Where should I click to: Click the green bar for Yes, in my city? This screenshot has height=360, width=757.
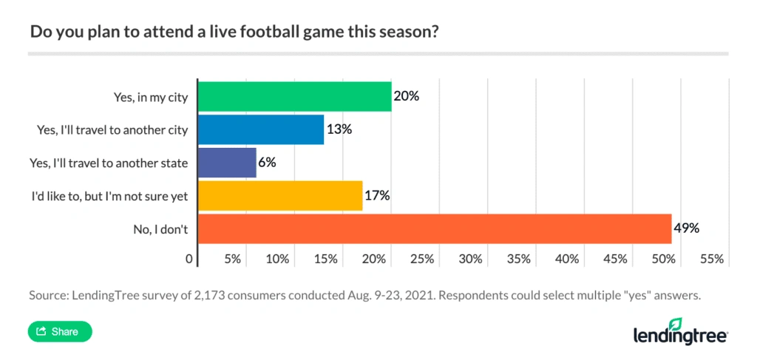point(294,96)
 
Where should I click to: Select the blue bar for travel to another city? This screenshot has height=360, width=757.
point(260,129)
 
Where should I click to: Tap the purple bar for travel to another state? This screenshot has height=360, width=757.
point(227,163)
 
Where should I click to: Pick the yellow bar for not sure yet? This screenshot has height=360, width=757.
point(280,196)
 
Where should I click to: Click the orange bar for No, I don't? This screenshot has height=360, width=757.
point(434,228)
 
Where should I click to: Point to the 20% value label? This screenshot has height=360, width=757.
point(407,96)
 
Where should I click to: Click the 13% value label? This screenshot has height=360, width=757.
point(340,129)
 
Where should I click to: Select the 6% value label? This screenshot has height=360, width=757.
point(268,163)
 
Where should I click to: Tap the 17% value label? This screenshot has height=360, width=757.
point(377,196)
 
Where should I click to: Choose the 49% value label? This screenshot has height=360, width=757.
point(686,228)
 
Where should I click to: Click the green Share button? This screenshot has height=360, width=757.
point(59,332)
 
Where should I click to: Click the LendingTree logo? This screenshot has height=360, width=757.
point(680,332)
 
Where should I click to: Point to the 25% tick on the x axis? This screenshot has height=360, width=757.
point(421,259)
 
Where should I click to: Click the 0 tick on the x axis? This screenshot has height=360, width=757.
point(189,259)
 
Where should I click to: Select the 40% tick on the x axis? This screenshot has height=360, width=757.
point(566,259)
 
